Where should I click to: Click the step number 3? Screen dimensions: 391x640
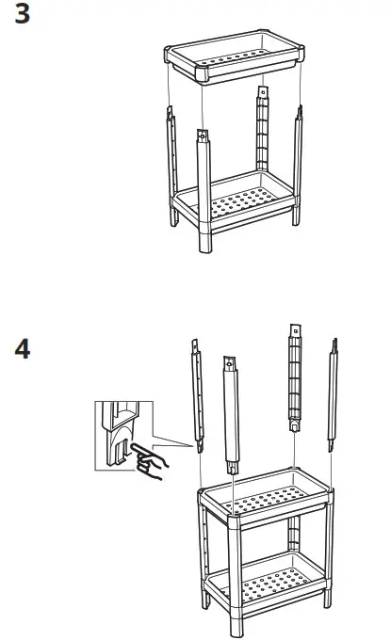(22, 13)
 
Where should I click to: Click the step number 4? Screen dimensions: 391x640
(22, 349)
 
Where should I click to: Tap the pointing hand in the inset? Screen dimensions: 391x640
(150, 461)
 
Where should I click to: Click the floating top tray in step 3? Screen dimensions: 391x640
(235, 57)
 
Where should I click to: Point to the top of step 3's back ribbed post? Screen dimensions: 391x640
(263, 92)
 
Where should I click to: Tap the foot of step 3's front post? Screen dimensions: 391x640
(205, 243)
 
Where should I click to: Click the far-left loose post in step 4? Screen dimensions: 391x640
(198, 396)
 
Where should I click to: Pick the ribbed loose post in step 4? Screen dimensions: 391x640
(295, 378)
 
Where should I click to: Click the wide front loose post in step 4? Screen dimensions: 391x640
(231, 415)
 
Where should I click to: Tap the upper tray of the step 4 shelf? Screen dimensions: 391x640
(266, 499)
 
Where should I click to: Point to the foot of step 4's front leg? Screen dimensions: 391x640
(236, 627)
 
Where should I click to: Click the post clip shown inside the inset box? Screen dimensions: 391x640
(120, 434)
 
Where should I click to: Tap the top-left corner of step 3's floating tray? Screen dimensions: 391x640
(167, 49)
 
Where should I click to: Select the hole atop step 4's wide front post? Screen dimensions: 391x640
(230, 363)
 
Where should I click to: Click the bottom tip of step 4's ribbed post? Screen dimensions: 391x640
(295, 431)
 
